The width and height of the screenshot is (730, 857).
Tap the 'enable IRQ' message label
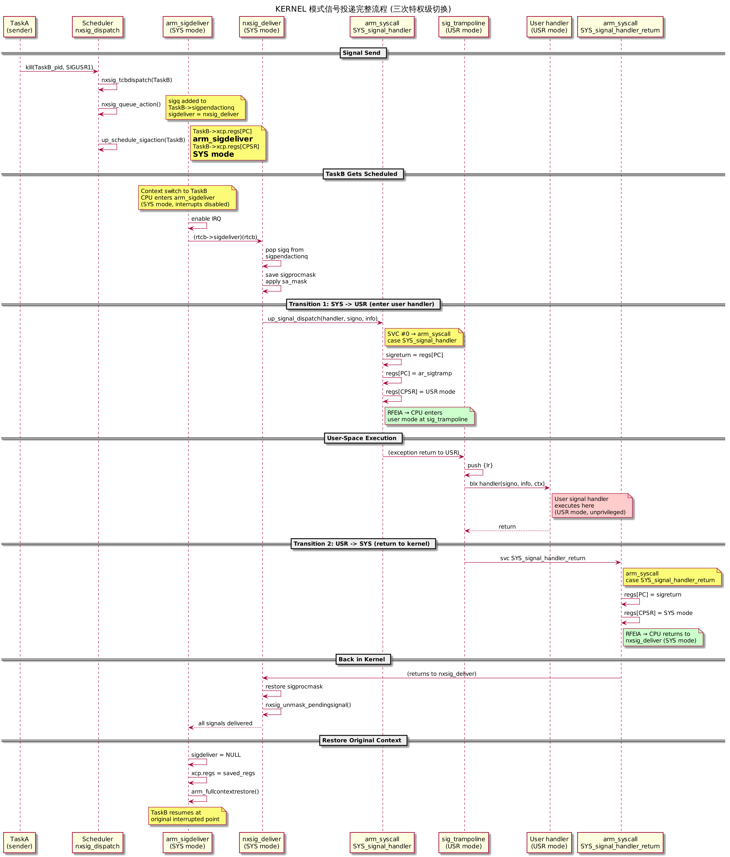click(x=206, y=219)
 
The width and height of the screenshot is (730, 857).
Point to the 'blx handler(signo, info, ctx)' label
click(x=507, y=484)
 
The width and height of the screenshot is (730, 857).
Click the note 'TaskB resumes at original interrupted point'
click(x=187, y=816)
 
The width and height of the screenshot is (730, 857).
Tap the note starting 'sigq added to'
click(x=206, y=108)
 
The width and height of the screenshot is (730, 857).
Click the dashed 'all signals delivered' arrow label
click(x=225, y=724)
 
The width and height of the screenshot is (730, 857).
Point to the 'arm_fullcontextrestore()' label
click(x=225, y=792)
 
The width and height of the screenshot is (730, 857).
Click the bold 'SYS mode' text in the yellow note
click(x=213, y=154)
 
